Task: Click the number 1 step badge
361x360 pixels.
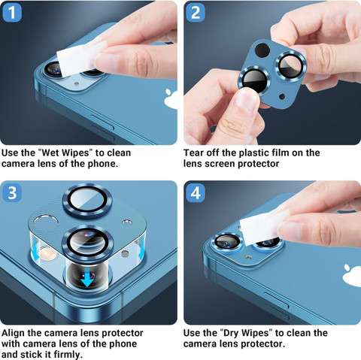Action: pos(11,12)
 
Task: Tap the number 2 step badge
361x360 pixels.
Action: pos(196,12)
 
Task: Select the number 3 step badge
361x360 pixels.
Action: pos(12,192)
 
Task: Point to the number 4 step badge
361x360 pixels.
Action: pos(196,192)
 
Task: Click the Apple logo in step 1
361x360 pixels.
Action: pos(171,98)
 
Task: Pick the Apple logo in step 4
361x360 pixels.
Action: pos(352,274)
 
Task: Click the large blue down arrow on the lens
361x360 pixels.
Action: pos(87,279)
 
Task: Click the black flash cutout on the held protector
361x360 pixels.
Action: pos(262,50)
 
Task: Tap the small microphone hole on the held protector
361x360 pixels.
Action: pos(282,96)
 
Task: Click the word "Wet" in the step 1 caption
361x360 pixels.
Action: pos(49,153)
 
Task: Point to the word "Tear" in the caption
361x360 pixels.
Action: pos(193,153)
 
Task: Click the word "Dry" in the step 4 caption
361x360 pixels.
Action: pos(232,333)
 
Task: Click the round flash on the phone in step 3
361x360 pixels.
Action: pos(48,253)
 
